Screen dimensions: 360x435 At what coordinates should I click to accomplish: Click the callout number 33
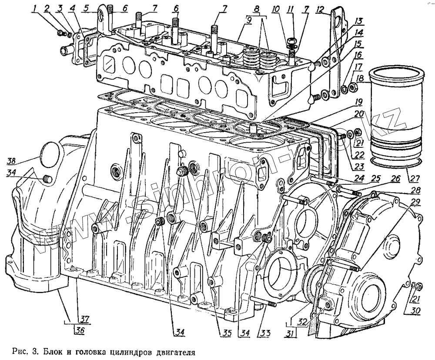click(264, 333)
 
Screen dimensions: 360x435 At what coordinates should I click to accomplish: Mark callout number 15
click(358, 44)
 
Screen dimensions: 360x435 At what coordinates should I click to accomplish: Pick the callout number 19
click(358, 103)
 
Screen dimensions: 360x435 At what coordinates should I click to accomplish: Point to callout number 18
click(359, 79)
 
